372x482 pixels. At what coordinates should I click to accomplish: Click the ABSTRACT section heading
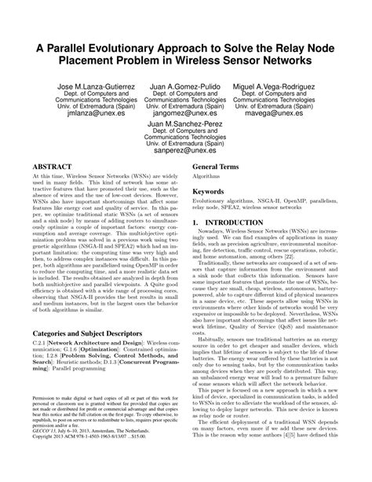tap(54, 167)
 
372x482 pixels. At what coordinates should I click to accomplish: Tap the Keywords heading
tap(211, 191)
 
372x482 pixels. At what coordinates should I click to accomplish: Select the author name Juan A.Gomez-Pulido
tap(185, 83)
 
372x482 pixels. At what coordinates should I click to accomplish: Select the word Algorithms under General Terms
tap(208, 178)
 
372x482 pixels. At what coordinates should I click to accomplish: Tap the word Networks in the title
tap(297, 58)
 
